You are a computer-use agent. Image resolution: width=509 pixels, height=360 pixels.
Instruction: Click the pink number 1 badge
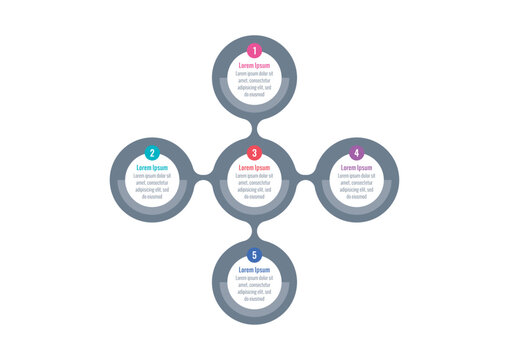(x=254, y=51)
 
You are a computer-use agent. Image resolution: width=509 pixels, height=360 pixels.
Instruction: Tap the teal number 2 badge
(x=152, y=153)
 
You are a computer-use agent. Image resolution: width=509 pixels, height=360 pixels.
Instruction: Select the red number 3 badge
(x=254, y=153)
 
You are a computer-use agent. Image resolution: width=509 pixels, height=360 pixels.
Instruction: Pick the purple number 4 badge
(x=356, y=153)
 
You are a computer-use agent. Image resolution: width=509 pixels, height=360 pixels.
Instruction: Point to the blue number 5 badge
(x=254, y=255)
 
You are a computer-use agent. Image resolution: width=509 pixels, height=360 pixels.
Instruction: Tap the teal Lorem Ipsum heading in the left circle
(x=152, y=168)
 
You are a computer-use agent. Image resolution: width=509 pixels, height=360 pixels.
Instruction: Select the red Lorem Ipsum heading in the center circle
(x=254, y=168)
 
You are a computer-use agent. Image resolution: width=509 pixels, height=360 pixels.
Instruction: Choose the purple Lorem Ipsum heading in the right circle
(x=356, y=168)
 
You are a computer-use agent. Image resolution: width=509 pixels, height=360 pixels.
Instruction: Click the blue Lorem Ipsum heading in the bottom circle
(x=254, y=270)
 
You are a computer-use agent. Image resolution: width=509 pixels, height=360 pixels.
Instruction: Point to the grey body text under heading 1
(x=254, y=83)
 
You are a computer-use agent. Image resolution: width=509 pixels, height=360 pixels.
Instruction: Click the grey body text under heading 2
(x=152, y=186)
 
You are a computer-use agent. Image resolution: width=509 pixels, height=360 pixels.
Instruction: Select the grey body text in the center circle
(x=254, y=186)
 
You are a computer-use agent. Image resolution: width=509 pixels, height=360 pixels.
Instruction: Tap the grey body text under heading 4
(x=356, y=186)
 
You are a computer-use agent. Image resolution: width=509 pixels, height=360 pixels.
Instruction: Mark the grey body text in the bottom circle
(x=254, y=288)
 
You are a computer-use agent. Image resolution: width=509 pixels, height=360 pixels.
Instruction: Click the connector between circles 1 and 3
(x=254, y=129)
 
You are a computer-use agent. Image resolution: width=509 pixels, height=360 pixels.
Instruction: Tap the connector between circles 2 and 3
(x=203, y=180)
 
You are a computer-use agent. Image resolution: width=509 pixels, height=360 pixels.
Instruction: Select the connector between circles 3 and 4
(x=305, y=180)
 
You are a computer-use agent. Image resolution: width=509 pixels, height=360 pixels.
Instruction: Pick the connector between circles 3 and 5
(x=254, y=231)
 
